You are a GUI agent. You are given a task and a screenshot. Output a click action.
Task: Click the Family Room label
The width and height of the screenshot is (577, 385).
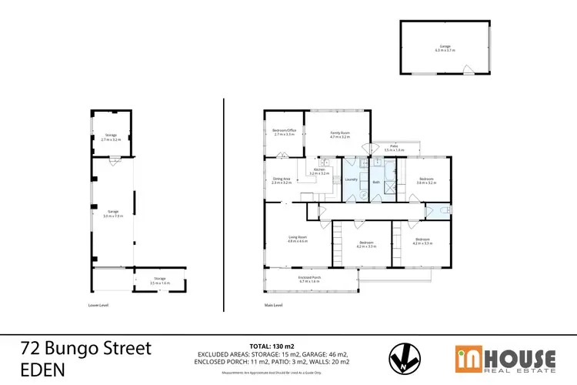(339, 133)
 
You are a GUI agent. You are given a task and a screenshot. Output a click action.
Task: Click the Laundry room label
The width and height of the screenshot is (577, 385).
(351, 180)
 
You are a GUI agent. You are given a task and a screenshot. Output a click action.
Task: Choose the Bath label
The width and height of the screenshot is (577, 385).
(376, 182)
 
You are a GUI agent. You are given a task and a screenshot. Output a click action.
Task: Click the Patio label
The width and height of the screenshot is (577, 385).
(393, 146)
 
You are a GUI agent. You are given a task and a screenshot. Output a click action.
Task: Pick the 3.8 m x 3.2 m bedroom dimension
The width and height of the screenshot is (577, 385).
(426, 184)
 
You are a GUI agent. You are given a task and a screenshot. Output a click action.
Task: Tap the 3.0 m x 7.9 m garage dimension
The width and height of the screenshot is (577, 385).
(113, 216)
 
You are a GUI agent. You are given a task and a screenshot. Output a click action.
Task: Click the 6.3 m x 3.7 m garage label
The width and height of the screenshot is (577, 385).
(445, 48)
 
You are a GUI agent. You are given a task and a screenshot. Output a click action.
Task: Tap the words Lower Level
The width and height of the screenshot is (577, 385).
(98, 305)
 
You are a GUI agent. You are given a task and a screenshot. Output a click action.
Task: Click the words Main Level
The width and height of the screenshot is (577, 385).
(273, 305)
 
